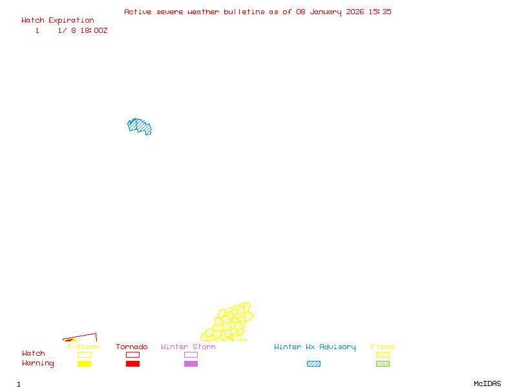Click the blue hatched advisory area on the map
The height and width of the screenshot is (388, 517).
pos(139,126)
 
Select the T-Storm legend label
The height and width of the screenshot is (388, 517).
pos(83,347)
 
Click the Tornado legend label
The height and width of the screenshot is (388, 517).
pos(132,347)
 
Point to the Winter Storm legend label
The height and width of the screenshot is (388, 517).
pos(188,347)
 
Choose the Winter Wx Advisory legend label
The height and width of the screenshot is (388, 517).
pos(315,347)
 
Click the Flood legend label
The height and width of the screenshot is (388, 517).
pos(383,347)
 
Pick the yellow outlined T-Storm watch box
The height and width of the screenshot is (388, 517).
pos(84,354)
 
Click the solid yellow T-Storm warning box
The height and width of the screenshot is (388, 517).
pos(84,364)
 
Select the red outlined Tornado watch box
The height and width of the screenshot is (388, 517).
pos(132,354)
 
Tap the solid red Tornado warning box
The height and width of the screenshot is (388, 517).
pos(132,364)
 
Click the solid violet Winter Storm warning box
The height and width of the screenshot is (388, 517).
pos(191,364)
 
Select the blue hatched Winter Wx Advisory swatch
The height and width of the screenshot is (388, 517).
pos(313,364)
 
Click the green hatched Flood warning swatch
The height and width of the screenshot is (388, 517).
pos(383,364)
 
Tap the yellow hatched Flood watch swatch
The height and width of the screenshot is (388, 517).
pos(383,354)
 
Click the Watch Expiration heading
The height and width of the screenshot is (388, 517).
pos(58,21)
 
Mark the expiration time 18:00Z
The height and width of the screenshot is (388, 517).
pos(94,30)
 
